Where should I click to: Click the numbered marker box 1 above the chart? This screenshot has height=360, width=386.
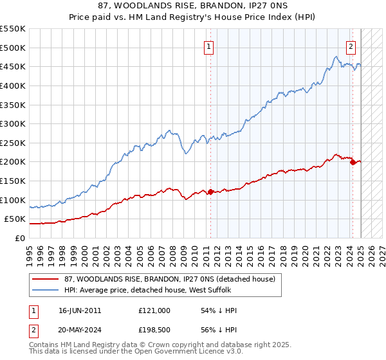[210, 46]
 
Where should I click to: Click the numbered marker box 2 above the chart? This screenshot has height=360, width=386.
[351, 46]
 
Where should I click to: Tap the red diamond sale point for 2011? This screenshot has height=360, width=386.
[210, 192]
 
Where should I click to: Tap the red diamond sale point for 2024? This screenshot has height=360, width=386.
[353, 162]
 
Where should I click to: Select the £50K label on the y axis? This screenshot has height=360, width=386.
[15, 219]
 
